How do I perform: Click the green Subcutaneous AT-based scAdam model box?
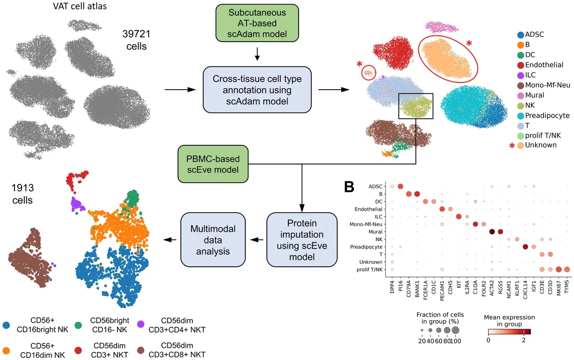(x=257, y=23)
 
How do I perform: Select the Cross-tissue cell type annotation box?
(x=257, y=90)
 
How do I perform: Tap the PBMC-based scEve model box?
(x=213, y=164)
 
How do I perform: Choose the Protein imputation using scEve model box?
(x=302, y=240)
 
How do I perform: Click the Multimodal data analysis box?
(x=213, y=240)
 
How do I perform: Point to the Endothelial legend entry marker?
(x=521, y=65)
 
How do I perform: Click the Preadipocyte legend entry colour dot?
(x=521, y=116)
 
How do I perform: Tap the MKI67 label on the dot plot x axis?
(x=559, y=288)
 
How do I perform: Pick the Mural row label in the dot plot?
(x=375, y=232)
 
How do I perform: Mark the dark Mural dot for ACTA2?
(x=492, y=232)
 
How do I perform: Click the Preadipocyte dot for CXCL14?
(x=525, y=247)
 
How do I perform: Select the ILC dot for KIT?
(x=459, y=217)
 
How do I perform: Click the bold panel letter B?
(x=349, y=187)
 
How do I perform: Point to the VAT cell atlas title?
(x=80, y=6)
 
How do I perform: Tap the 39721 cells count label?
(x=136, y=40)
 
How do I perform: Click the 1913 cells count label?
(x=22, y=194)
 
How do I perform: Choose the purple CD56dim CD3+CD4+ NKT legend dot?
(x=141, y=325)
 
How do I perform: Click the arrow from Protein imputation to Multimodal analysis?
(x=257, y=240)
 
